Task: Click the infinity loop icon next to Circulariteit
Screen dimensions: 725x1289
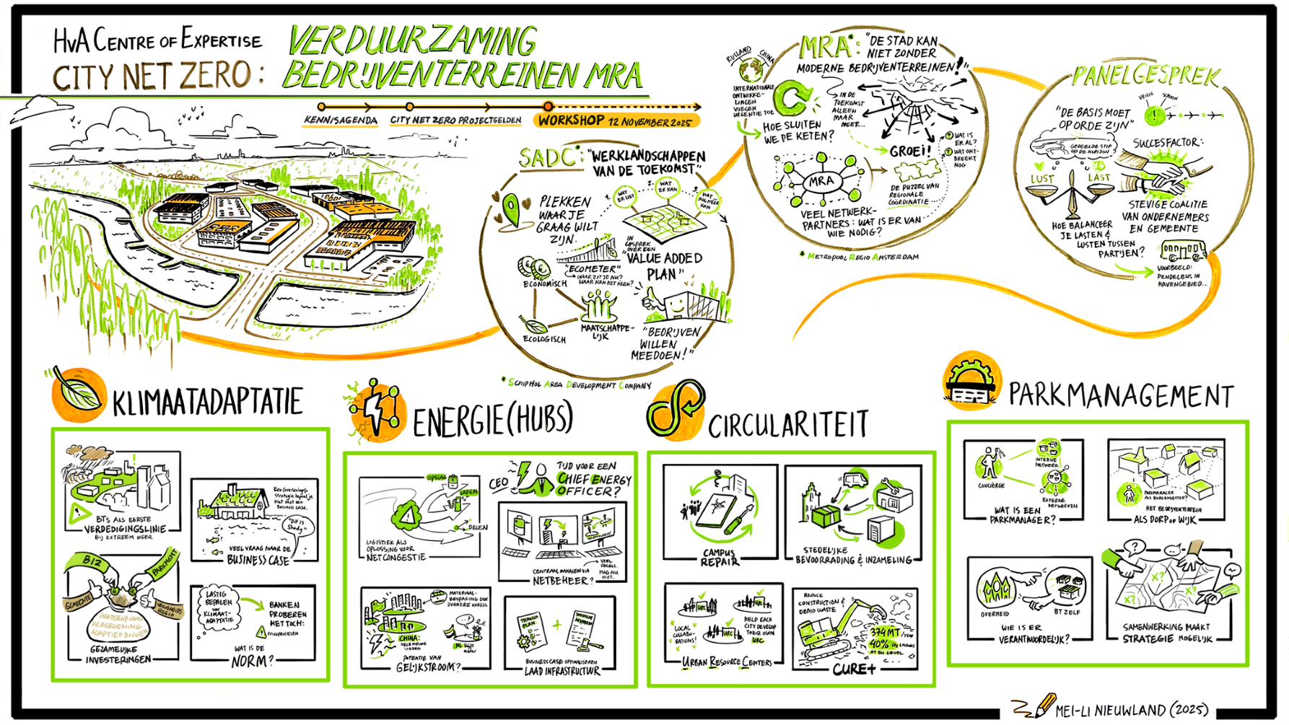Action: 674,409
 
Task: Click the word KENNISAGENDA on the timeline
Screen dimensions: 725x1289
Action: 340,120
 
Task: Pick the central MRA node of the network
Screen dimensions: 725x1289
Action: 821,181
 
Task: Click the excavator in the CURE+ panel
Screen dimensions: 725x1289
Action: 837,631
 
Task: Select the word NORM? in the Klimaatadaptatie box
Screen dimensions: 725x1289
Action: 253,661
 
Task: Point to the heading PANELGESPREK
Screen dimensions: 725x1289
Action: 1145,76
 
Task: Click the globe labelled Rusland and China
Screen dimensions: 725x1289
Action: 751,70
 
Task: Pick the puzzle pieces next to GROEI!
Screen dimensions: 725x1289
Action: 917,171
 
